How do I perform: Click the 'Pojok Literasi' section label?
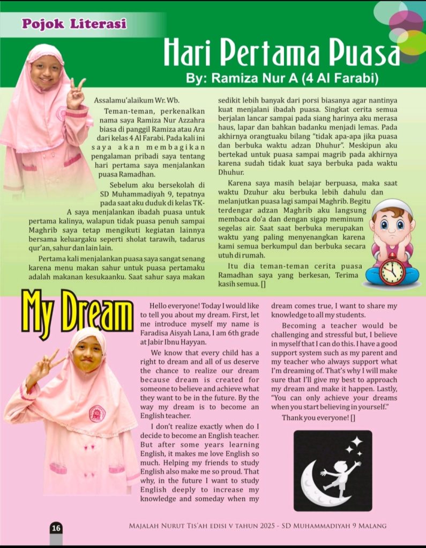coord(74,24)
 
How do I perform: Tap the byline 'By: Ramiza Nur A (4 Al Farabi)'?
coord(282,79)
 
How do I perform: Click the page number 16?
coord(56,528)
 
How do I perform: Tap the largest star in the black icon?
coord(356,442)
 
